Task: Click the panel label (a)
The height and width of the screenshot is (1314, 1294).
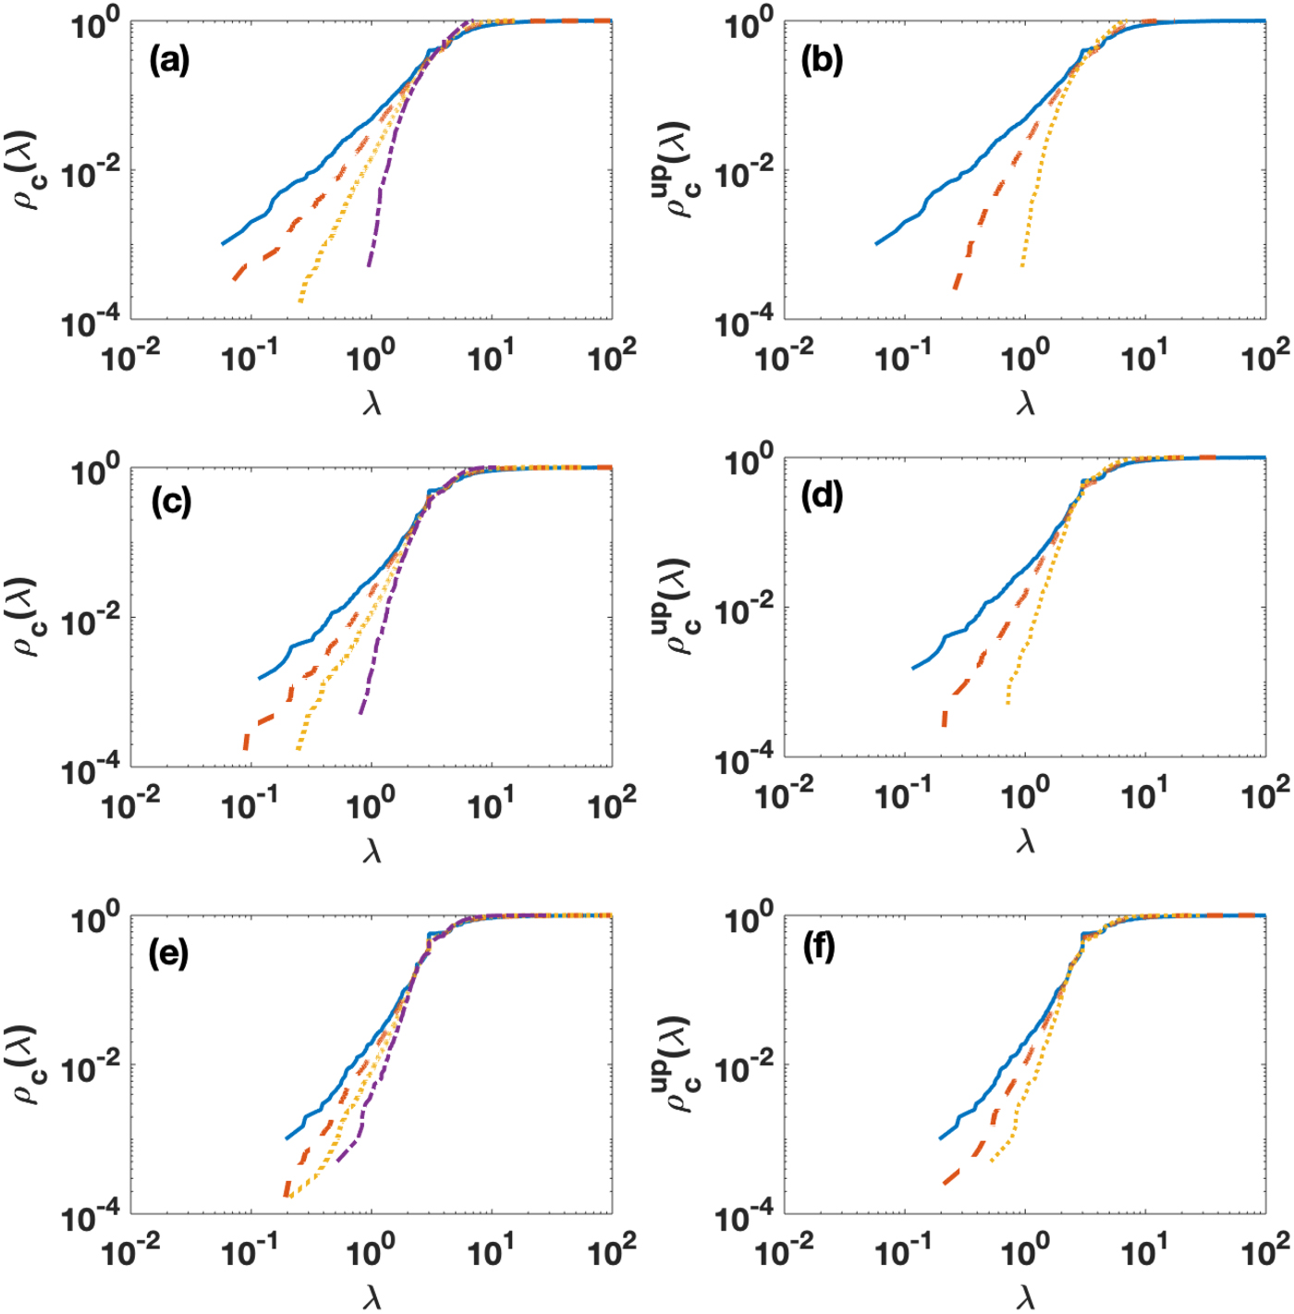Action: tap(169, 62)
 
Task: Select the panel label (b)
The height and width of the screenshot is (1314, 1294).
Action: tap(822, 61)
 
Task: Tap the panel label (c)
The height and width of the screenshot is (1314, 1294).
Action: tap(171, 501)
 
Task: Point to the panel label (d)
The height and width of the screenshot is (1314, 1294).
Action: tap(822, 497)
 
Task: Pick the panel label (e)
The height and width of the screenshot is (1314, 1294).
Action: tap(168, 953)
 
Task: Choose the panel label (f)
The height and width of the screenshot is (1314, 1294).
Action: tap(820, 948)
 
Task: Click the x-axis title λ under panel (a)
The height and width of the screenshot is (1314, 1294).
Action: tap(372, 403)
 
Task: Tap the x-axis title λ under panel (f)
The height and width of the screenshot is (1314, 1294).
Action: tap(1025, 1298)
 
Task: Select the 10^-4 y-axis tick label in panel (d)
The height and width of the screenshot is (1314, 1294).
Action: tap(744, 762)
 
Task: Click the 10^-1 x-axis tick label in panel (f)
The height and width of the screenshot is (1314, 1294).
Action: tap(903, 1252)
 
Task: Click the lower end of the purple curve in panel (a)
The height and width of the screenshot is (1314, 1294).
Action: tap(369, 265)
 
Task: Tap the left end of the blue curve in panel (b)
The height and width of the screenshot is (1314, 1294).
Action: tap(876, 243)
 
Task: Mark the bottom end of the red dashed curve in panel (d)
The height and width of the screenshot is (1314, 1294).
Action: tap(944, 725)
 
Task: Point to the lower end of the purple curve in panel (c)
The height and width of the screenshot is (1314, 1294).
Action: tap(361, 713)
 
